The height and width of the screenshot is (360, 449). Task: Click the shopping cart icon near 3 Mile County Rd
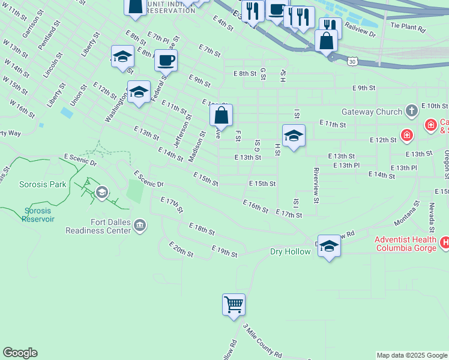(x=234, y=304)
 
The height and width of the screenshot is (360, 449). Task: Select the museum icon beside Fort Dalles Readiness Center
(x=140, y=225)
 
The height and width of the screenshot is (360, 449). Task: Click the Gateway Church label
(x=372, y=112)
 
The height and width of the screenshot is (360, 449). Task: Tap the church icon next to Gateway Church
(x=411, y=111)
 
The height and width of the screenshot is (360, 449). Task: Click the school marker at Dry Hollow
(x=329, y=245)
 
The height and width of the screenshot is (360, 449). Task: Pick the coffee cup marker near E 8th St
(x=166, y=61)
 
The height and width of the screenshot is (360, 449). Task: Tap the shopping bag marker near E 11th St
(x=221, y=115)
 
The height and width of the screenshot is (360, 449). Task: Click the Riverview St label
(x=316, y=181)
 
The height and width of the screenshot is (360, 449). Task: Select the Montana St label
(x=409, y=213)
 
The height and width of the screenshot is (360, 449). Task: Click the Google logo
(x=20, y=353)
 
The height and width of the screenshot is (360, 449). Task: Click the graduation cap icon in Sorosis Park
(x=102, y=193)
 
